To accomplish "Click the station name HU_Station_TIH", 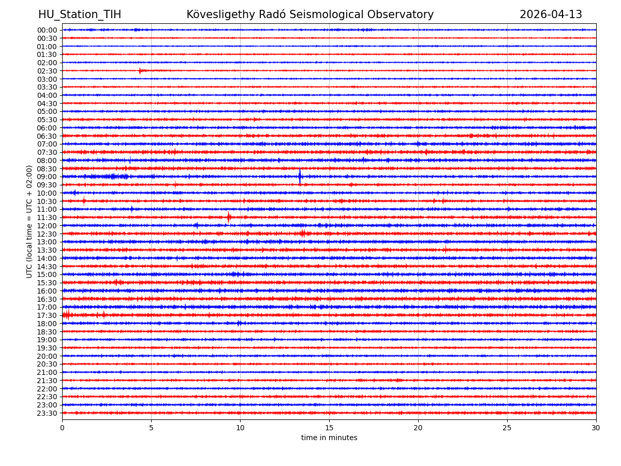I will point(80,14).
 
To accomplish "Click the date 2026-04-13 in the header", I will point(551,14).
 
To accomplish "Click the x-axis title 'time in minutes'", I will point(329,438).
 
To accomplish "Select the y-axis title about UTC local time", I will point(29,222).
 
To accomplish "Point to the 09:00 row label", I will point(47,177).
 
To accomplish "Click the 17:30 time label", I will point(47,315).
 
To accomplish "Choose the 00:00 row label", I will point(47,30).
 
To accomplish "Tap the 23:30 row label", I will point(47,413).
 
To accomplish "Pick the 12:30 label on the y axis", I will point(47,234).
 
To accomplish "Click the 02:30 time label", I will point(47,71).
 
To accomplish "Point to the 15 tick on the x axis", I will point(329,428).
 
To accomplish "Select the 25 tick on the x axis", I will point(507,428).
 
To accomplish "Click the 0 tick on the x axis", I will point(62,428).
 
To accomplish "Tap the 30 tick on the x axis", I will point(596,428).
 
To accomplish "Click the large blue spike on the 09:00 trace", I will point(300,177).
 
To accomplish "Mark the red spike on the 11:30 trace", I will point(229,217).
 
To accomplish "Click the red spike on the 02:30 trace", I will point(140,70).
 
